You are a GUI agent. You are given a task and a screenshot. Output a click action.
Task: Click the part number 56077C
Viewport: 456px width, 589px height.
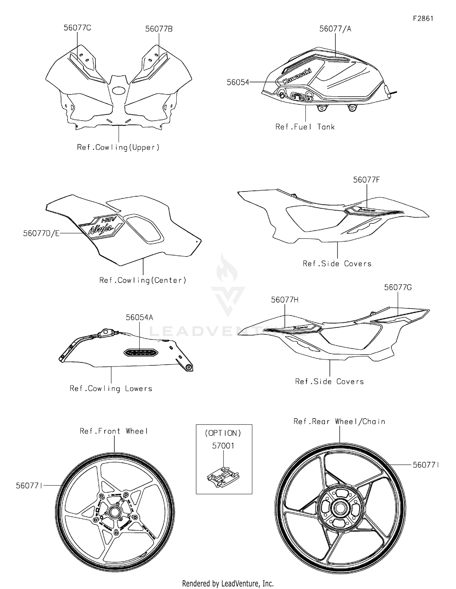click(x=77, y=28)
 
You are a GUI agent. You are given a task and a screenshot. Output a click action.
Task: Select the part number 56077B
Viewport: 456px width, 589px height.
click(x=159, y=29)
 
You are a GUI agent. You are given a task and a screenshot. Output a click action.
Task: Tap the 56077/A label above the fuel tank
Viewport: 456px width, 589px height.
click(x=335, y=29)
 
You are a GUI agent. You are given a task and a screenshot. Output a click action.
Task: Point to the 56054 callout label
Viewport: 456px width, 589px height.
click(x=238, y=82)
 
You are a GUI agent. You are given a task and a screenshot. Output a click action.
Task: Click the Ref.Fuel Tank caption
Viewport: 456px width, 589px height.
click(x=305, y=127)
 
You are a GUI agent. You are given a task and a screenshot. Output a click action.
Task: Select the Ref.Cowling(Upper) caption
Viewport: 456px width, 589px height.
click(x=118, y=147)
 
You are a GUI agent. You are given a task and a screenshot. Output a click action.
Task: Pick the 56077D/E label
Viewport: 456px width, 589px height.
click(x=41, y=233)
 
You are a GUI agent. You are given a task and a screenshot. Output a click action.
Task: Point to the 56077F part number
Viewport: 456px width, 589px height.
click(x=366, y=180)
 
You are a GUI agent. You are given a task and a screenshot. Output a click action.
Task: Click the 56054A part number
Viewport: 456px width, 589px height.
click(x=140, y=318)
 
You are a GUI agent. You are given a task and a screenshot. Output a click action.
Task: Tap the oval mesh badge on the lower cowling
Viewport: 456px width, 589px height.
click(x=140, y=353)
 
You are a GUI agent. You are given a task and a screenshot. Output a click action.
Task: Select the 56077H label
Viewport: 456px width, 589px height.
click(x=285, y=300)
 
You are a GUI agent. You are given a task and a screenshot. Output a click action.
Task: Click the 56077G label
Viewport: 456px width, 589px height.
click(x=398, y=288)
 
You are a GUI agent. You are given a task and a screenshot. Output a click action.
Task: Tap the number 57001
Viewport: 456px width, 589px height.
click(x=223, y=446)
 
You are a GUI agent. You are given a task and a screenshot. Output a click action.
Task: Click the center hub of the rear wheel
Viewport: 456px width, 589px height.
click(x=340, y=507)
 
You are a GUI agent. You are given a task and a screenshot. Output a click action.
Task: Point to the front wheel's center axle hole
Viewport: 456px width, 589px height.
click(x=114, y=512)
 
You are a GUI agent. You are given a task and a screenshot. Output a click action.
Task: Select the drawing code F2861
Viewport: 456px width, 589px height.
click(x=423, y=19)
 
